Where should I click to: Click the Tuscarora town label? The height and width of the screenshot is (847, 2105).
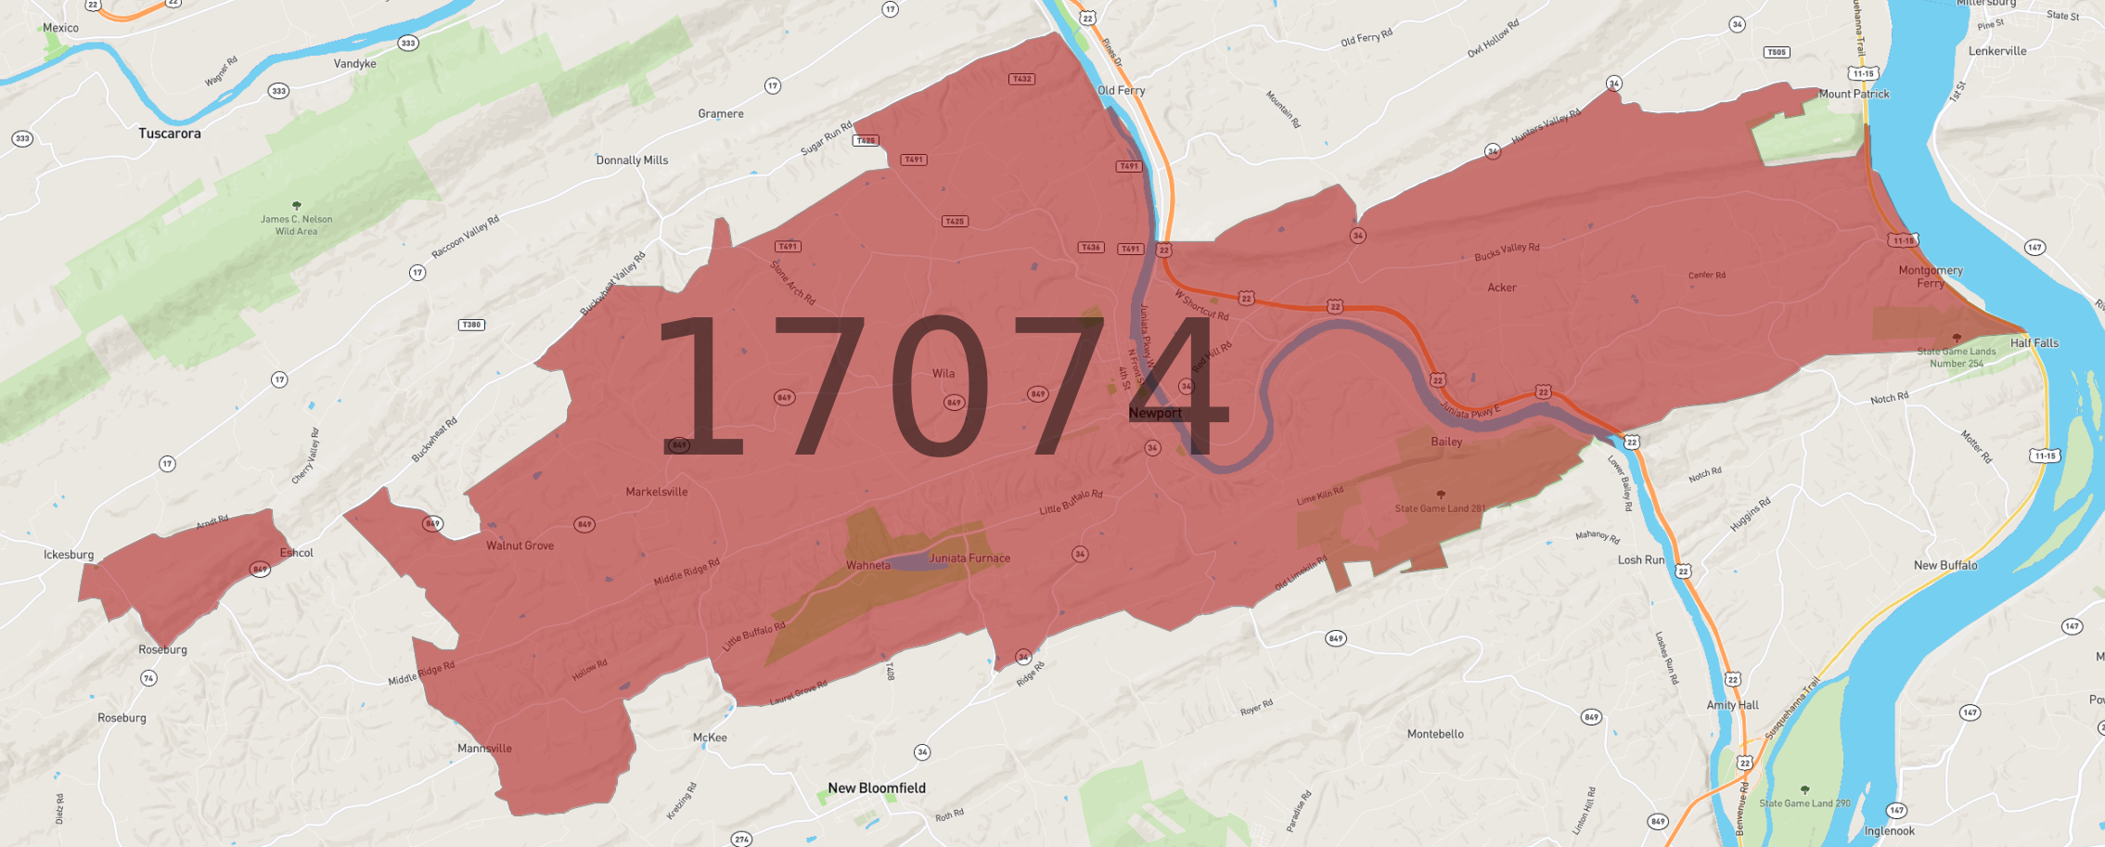coord(170,134)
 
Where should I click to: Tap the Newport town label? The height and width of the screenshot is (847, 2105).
coord(1155,413)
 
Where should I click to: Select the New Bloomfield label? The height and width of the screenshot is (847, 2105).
coord(877,788)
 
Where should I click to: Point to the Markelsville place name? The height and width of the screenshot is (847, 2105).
coord(657,492)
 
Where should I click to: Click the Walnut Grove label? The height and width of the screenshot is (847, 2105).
coord(520,545)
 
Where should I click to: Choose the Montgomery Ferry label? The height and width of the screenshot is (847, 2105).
coord(1931,276)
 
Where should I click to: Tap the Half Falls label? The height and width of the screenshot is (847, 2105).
coord(2034,343)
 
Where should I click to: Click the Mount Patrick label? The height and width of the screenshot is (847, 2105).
coord(1854,94)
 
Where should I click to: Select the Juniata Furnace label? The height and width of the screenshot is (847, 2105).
coord(969,558)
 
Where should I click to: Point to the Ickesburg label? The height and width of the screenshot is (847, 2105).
coord(69,555)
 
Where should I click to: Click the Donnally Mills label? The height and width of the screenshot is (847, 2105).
coord(632,160)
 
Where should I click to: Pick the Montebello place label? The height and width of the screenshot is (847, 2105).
coord(1435,734)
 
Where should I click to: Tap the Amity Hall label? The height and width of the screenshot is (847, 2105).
coord(1732,705)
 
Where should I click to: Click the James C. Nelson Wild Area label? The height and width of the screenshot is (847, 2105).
coord(296,225)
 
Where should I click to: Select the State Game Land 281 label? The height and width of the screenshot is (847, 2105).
coord(1440,508)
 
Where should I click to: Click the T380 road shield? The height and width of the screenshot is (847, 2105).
coord(471,325)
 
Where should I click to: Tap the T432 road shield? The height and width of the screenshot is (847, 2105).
coord(1021,79)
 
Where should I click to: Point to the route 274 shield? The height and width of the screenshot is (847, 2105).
coord(741,840)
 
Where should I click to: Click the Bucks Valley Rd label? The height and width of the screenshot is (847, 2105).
coord(1507,250)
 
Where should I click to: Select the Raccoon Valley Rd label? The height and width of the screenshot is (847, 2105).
coord(466,237)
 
